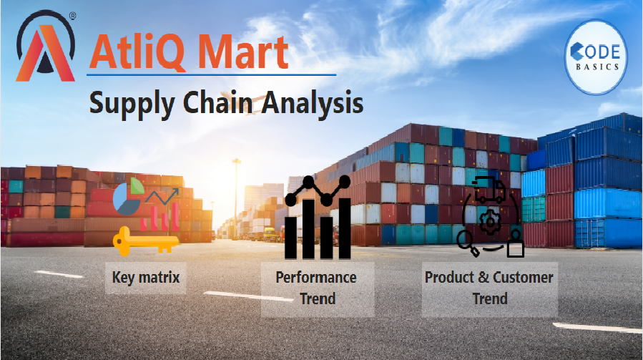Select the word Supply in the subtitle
pos(132,104)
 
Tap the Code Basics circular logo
pos(596,57)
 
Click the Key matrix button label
pos(146,278)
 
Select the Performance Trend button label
pos(317,288)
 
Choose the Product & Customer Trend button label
pos(489,288)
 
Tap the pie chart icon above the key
pos(128,196)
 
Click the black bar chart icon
pos(318,218)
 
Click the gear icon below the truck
pos(490,222)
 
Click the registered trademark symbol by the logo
pos(72,16)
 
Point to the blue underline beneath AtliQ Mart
pos(211,75)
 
